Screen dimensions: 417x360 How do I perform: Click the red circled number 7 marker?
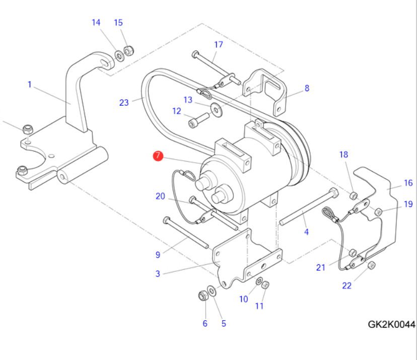tap(158, 156)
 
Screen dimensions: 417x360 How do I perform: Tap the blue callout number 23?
tap(124, 103)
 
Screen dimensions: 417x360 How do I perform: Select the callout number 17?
tap(219, 44)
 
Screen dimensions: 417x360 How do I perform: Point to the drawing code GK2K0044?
tap(391, 324)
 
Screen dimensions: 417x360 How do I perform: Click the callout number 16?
tap(408, 183)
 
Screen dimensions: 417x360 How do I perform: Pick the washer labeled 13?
tap(217, 110)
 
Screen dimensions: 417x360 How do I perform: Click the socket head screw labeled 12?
tap(199, 120)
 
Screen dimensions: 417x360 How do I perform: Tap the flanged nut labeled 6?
tap(203, 296)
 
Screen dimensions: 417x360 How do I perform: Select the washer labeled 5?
tap(212, 291)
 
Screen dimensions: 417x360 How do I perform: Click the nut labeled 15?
tap(129, 51)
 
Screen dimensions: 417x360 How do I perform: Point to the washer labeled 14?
tap(119, 56)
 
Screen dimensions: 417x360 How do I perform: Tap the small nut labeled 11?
tap(265, 285)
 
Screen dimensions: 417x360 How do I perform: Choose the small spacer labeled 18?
tap(353, 196)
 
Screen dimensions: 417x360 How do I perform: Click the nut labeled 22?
tap(371, 265)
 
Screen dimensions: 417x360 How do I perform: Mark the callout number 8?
tap(307, 88)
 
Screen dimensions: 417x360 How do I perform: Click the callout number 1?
tap(30, 85)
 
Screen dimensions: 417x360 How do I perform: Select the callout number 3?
tap(158, 273)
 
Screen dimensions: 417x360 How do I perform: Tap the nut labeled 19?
tap(378, 211)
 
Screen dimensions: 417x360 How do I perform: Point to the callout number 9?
tap(158, 255)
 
